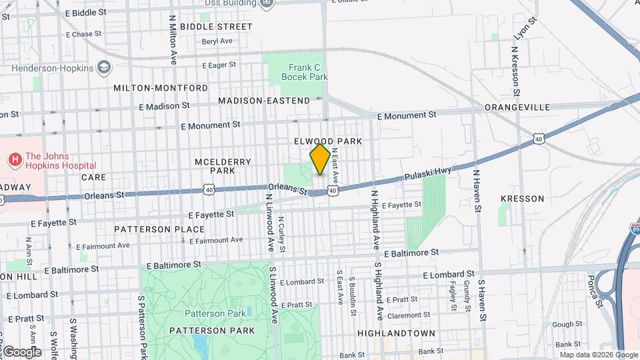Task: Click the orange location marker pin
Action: coord(320,159)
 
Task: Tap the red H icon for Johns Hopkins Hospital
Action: coord(14,160)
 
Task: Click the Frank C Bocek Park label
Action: coord(308,72)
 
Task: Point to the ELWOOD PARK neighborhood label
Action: coord(329,141)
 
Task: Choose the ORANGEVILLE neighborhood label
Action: coord(517,107)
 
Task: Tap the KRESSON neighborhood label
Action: coord(522,199)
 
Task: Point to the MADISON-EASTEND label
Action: coord(264,101)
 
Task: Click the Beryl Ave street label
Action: coord(217,41)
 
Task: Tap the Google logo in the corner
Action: coord(21,352)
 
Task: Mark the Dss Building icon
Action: coord(267,3)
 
